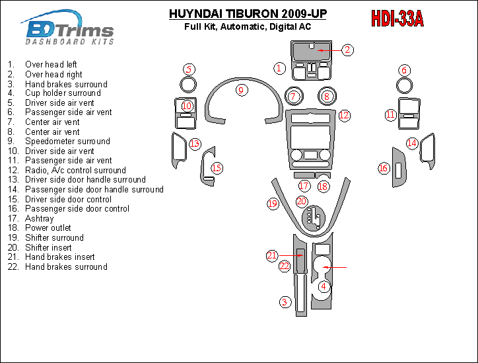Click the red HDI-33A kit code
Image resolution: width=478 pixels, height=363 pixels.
397,19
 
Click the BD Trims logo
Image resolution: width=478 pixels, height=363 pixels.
68,28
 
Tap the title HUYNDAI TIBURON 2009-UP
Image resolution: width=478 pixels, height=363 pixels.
248,14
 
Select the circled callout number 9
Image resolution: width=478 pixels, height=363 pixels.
242,90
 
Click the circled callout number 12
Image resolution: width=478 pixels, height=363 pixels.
344,116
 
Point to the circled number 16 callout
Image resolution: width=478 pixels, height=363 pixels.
384,168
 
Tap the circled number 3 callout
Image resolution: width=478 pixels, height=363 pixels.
285,302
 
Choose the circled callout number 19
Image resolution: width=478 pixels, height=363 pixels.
273,204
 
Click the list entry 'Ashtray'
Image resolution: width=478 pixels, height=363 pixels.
40,219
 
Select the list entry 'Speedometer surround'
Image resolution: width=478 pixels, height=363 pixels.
67,141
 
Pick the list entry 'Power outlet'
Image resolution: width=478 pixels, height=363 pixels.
48,227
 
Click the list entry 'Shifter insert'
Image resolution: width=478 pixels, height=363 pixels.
48,247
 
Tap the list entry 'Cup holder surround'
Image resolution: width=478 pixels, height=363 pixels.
63,93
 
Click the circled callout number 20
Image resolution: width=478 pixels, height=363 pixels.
302,202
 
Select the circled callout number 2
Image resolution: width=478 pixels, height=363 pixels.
347,50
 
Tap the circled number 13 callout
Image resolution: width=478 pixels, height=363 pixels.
195,143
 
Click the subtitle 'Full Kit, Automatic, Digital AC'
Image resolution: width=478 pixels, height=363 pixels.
248,27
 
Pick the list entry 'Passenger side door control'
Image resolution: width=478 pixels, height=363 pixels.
77,209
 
